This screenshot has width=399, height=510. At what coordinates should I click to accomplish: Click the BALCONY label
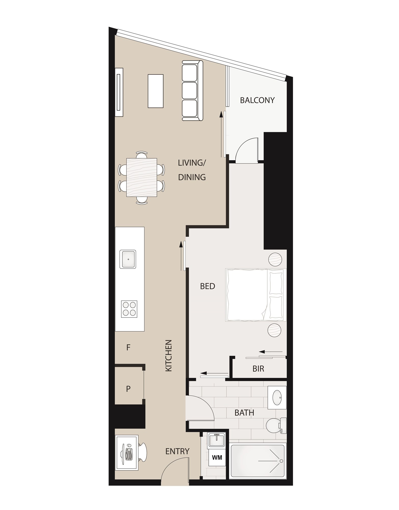coord(257,100)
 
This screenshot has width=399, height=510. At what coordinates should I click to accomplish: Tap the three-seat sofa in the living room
coord(192,91)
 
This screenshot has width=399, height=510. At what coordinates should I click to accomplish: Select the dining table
coord(142,177)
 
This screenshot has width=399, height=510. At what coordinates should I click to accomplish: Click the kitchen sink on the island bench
coord(128,259)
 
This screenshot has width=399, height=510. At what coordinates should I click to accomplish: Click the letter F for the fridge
coord(128,347)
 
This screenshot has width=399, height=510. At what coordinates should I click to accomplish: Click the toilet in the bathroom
coord(276,425)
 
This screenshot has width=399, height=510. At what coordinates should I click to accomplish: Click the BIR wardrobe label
coord(258,369)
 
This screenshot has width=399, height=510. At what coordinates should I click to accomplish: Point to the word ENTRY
coord(177,451)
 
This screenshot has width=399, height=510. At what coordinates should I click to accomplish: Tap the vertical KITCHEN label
coord(169,355)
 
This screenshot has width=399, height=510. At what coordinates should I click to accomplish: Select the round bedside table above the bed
coord(275,259)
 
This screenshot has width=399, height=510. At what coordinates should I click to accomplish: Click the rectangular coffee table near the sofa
coord(155,91)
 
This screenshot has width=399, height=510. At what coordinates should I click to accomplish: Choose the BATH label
coord(244,413)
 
